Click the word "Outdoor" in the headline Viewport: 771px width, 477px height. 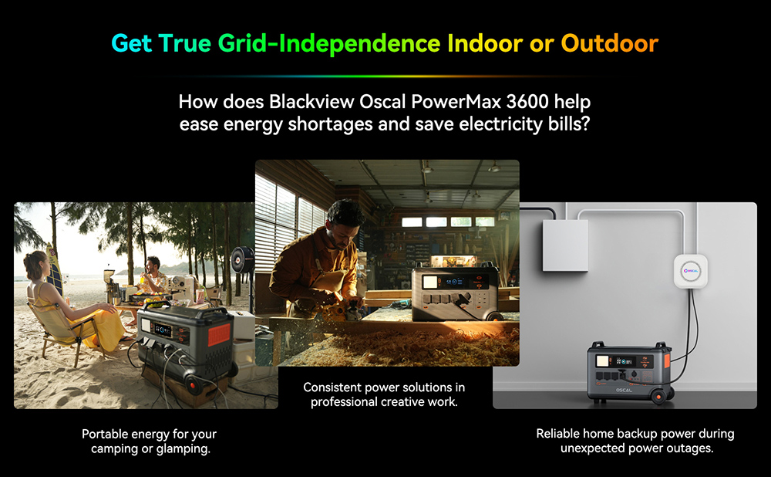coord(609,43)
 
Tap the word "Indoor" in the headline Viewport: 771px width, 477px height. coord(483,43)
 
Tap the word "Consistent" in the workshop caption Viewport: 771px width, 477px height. coord(334,387)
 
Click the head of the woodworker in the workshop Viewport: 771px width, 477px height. coord(344,215)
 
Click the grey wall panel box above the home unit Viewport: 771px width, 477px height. coord(564,245)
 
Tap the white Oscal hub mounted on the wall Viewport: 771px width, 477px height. coord(691,271)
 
